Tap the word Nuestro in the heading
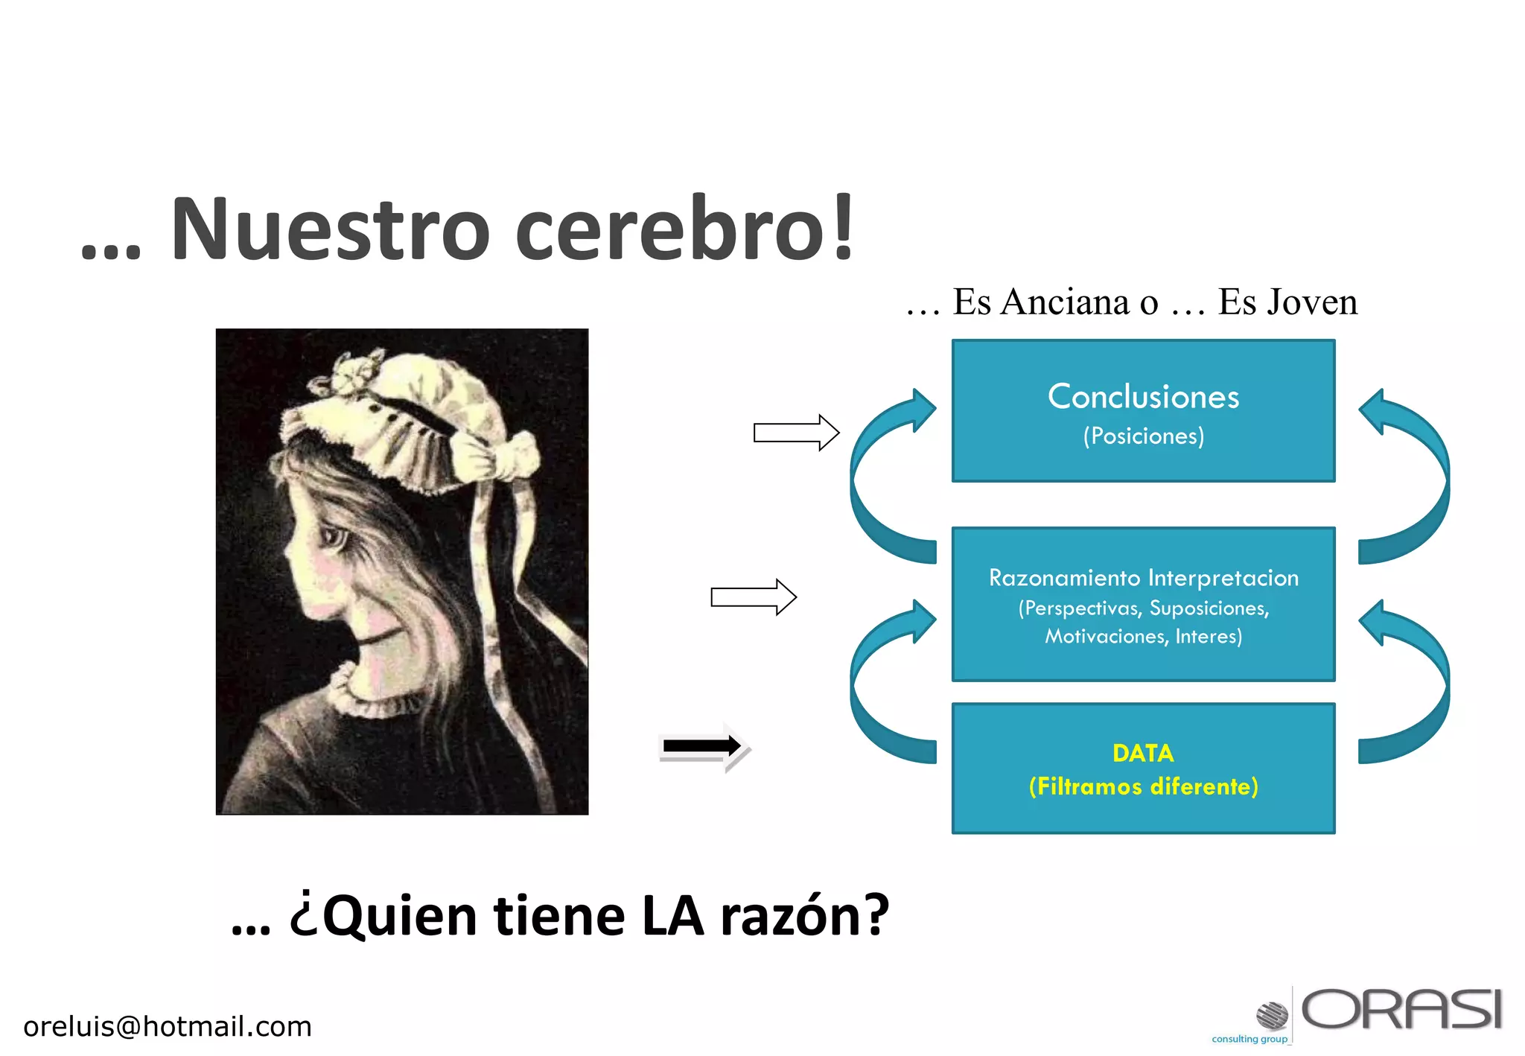(331, 229)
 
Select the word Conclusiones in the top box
(1143, 396)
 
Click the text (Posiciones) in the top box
(1143, 436)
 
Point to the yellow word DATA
(1143, 753)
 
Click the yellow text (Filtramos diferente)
(1143, 786)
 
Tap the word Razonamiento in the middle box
(1064, 578)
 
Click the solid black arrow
(701, 745)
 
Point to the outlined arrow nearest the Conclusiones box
(796, 433)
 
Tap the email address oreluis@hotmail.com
(168, 1026)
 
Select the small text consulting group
(1249, 1039)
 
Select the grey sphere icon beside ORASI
(1272, 1015)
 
